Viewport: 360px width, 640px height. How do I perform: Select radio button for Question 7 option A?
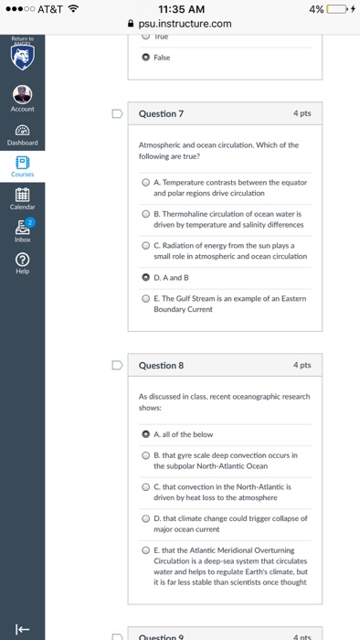tap(146, 182)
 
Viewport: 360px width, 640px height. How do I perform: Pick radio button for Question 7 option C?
tap(146, 245)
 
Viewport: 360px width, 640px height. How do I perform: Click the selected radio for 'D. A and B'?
tap(146, 276)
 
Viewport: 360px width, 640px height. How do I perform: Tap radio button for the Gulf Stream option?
tap(146, 298)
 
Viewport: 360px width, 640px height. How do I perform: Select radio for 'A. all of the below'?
tap(146, 433)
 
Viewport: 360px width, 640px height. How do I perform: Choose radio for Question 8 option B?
tap(146, 454)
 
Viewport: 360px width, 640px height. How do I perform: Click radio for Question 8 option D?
tap(146, 518)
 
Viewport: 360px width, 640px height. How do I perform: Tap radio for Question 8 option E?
tap(146, 549)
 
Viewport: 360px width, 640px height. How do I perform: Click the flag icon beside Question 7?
tap(116, 114)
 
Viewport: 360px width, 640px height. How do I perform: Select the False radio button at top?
tap(146, 57)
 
